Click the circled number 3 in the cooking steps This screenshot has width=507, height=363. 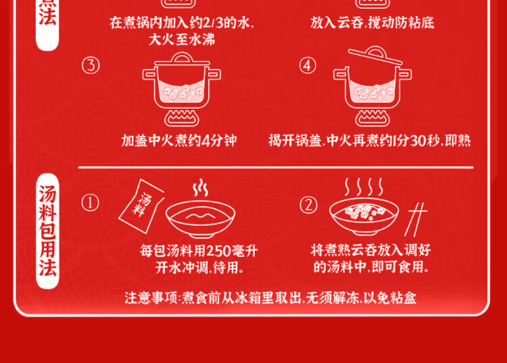coord(91,66)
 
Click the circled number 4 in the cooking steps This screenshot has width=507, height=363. coord(308,66)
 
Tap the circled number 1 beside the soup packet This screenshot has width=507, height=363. coord(90,203)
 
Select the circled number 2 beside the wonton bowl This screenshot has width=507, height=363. coord(308,205)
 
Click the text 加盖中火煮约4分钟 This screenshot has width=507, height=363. coord(179,141)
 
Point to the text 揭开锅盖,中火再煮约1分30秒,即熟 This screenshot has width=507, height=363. coord(369,141)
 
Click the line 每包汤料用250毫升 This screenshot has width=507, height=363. coord(199,251)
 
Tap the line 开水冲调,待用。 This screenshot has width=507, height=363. coord(199,268)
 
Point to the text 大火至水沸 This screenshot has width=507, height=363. coord(182,39)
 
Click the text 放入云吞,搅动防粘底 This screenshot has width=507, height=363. coord(372,23)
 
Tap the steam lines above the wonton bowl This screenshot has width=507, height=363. coord(363,187)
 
